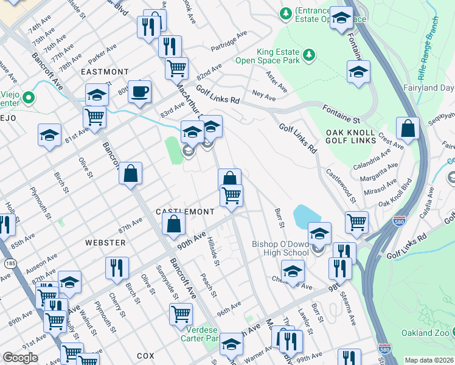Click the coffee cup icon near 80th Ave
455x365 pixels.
pyautogui.click(x=139, y=92)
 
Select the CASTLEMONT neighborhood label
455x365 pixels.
pyautogui.click(x=185, y=212)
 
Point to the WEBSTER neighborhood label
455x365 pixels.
pyautogui.click(x=105, y=243)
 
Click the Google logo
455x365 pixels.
pyautogui.click(x=19, y=358)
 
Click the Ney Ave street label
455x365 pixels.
pyautogui.click(x=264, y=96)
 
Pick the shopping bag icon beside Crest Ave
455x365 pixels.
pyautogui.click(x=407, y=128)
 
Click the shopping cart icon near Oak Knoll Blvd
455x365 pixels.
pyautogui.click(x=356, y=221)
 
